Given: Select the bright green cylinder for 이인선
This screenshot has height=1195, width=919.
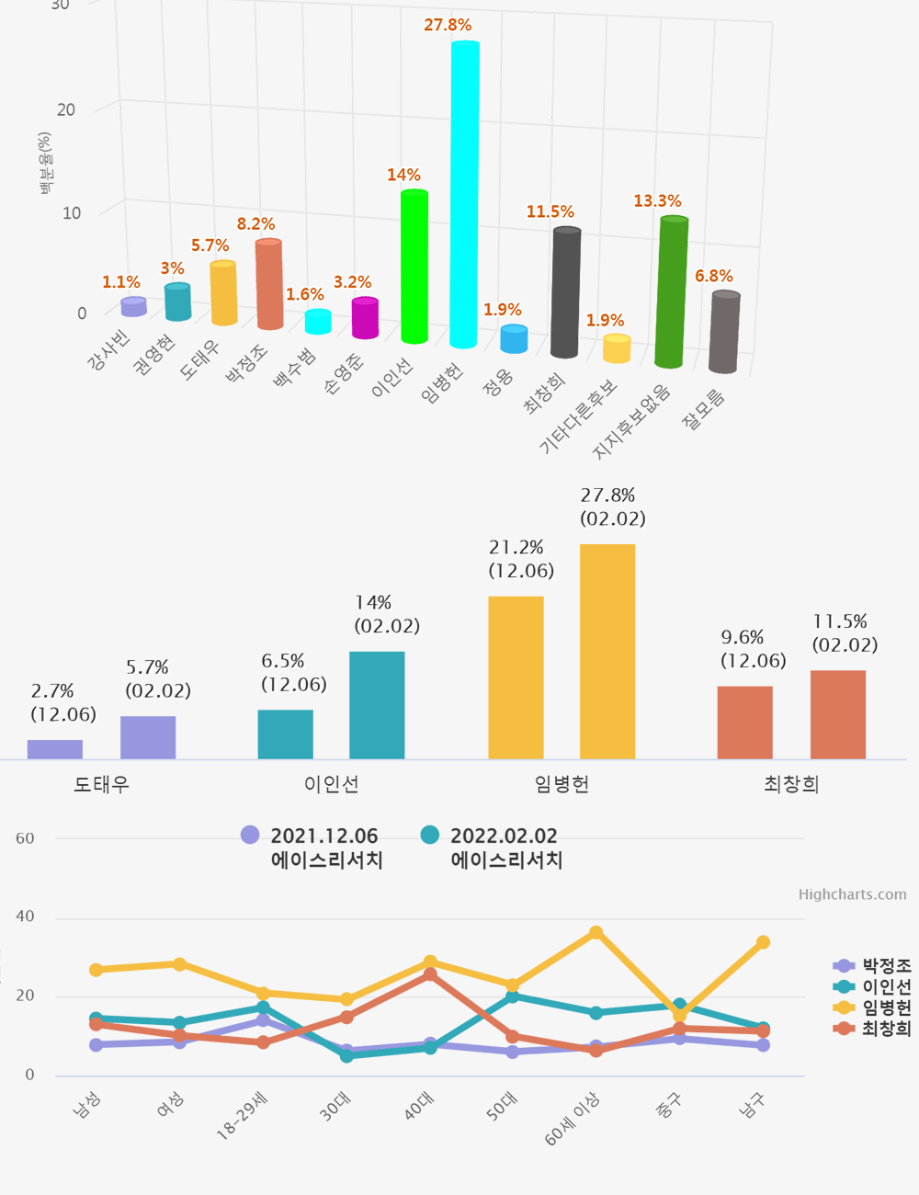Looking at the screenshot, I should pos(414,267).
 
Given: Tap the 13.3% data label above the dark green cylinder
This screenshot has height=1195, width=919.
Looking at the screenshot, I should pos(657,201).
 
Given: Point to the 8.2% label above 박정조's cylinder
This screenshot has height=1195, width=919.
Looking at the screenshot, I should pos(255,224).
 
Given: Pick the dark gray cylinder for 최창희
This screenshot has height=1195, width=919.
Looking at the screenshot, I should pos(565,292).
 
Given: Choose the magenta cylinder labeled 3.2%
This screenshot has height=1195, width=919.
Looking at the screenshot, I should pos(365,318).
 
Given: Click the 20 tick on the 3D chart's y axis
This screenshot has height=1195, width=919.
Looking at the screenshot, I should pos(66,110).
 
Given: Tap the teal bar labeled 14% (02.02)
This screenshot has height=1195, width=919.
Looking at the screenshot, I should pos(377,705).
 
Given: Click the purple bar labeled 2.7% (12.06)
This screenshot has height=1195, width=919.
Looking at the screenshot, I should pos(55,749).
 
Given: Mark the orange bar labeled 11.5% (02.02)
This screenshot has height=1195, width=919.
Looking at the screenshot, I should pos(837,714).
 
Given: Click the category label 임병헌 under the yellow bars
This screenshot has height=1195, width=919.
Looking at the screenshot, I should pos(562,784).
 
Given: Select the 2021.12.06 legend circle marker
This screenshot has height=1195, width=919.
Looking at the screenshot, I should pos(250,835).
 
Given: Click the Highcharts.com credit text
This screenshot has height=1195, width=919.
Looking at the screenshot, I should pos(852,894).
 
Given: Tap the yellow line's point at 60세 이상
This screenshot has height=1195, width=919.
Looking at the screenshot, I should pos(596,933).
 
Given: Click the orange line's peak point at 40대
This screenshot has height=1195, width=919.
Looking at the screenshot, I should pos(430,974).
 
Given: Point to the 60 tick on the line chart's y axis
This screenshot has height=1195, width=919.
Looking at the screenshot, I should pos(26,838).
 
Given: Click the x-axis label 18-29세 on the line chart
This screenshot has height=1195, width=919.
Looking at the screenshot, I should pos(242,1116).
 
